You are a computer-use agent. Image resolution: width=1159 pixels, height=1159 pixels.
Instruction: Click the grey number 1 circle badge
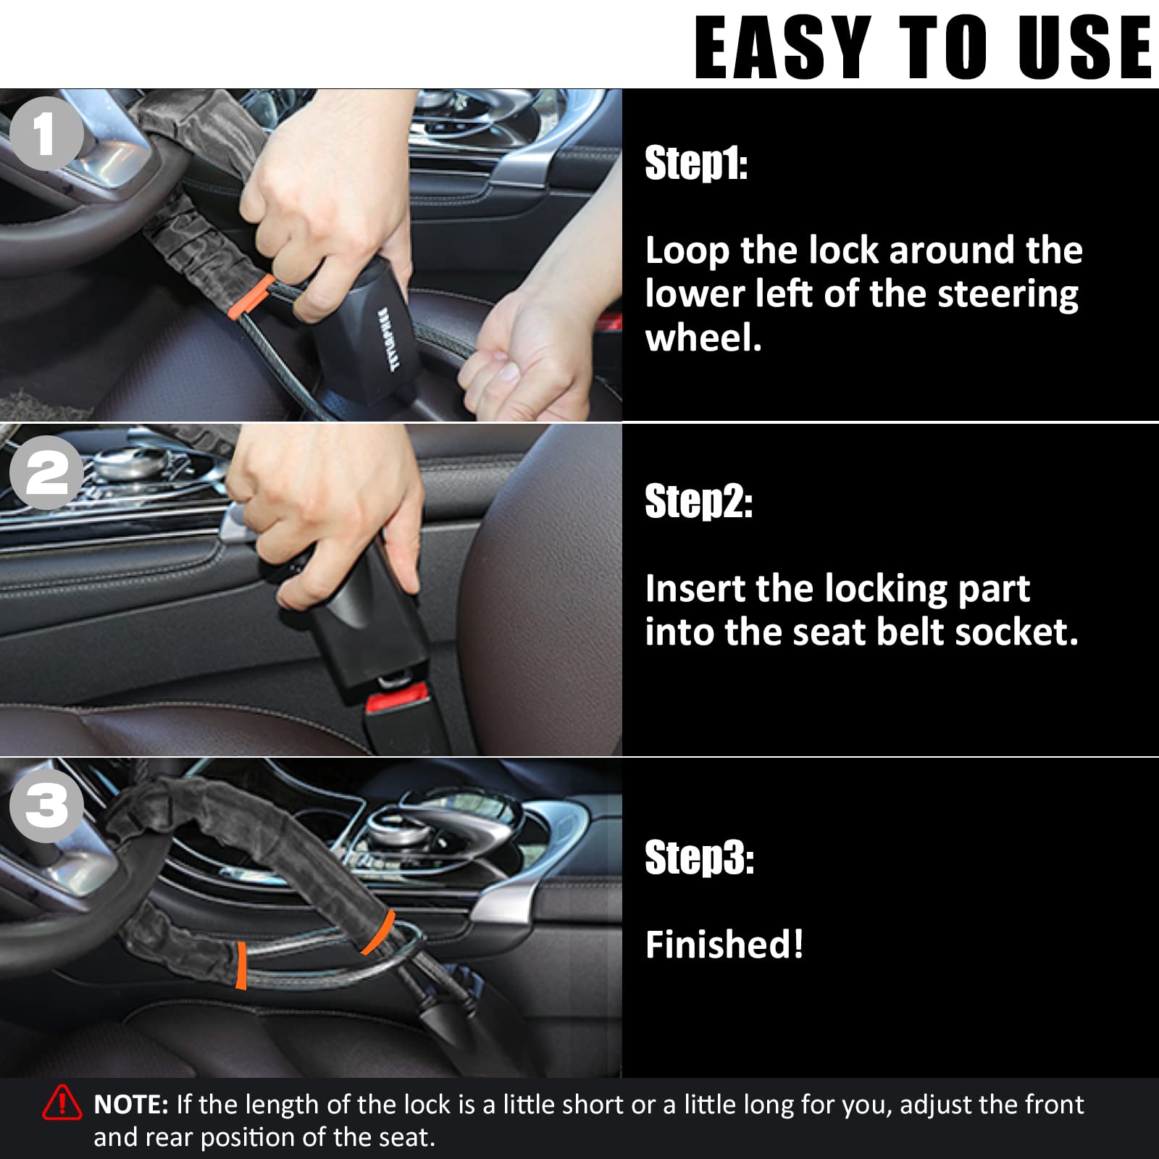coord(46,134)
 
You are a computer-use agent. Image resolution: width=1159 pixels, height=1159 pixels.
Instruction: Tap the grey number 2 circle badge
coord(46,472)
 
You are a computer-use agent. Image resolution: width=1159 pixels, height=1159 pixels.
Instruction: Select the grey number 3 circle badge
coord(46,806)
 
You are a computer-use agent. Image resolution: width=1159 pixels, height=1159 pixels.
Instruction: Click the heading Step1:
coord(695,164)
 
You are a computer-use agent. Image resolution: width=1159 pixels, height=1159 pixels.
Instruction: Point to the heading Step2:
coord(698,501)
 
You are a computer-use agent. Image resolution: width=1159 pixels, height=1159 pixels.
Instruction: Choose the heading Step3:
coord(699,858)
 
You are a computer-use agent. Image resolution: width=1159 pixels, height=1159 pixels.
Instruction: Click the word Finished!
coord(724,945)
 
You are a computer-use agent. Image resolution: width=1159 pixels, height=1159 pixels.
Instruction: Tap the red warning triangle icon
coord(62,1103)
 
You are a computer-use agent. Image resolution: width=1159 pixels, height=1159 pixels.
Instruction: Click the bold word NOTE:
coord(131,1105)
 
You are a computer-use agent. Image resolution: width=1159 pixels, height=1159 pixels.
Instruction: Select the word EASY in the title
coord(782,47)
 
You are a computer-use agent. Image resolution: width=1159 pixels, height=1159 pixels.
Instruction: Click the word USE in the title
coord(1084,47)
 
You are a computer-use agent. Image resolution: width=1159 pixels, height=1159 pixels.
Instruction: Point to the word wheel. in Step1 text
coord(703,338)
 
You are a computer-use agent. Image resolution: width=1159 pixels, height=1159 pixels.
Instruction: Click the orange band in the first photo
coord(251,297)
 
